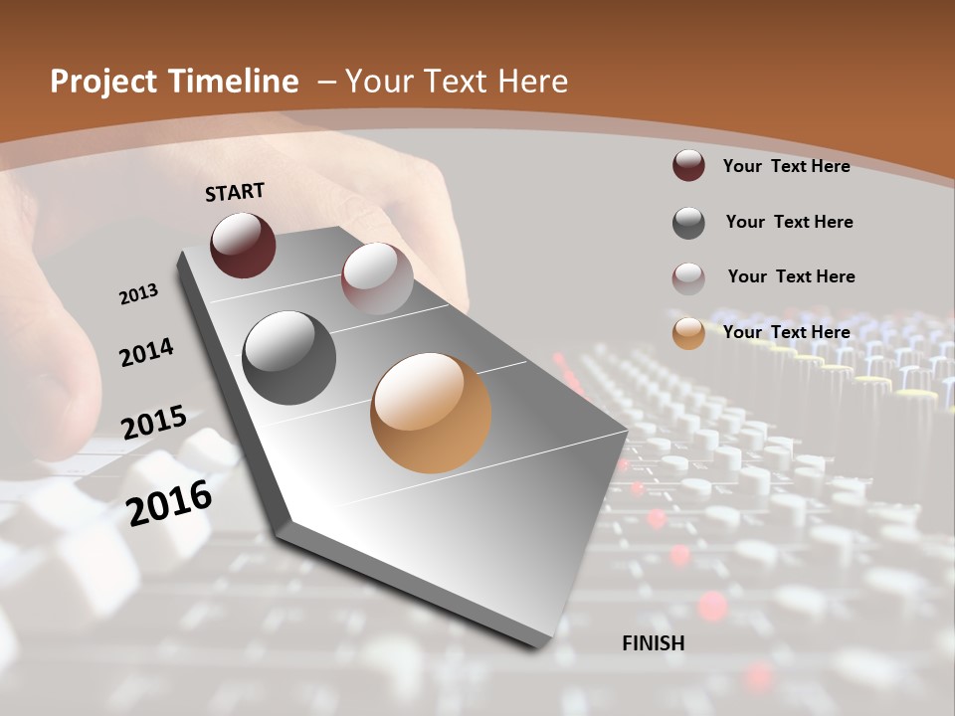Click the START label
point(235,192)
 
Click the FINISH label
point(653,643)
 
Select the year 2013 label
point(138,294)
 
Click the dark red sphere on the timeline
point(243,245)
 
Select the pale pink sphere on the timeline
point(377,278)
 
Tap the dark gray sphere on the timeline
point(289,358)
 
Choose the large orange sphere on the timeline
point(431,413)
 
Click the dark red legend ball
point(688,165)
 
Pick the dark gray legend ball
point(688,223)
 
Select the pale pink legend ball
point(688,278)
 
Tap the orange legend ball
point(688,333)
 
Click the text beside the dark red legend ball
point(786,166)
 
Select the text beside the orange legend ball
point(786,332)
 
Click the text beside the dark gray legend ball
point(789,222)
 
